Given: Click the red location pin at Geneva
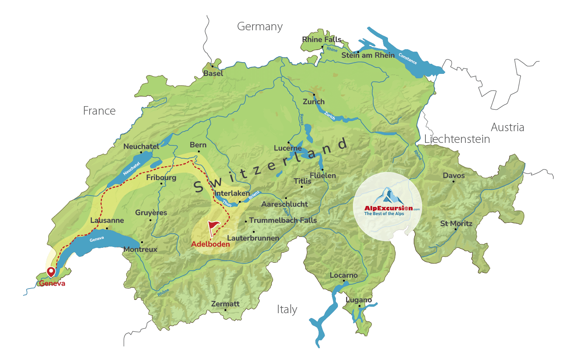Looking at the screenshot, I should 51,272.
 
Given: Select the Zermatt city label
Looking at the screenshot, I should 225,304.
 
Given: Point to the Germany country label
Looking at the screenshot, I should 260,27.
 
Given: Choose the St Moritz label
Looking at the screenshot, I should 456,224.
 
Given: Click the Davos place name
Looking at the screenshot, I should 454,176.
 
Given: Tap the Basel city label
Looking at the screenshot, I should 213,73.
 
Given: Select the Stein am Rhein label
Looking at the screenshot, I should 368,55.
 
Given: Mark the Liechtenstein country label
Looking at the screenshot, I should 457,139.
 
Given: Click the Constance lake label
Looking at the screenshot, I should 408,59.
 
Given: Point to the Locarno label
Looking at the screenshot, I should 344,275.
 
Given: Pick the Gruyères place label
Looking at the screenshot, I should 151,213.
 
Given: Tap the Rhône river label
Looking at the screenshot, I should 163,293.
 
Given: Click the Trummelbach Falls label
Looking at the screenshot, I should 283,220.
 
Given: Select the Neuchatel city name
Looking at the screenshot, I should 141,147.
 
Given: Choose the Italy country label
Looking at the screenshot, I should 287,310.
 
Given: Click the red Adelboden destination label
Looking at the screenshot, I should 211,244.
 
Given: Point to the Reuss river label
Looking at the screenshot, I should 301,119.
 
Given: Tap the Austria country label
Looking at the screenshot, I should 507,128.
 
